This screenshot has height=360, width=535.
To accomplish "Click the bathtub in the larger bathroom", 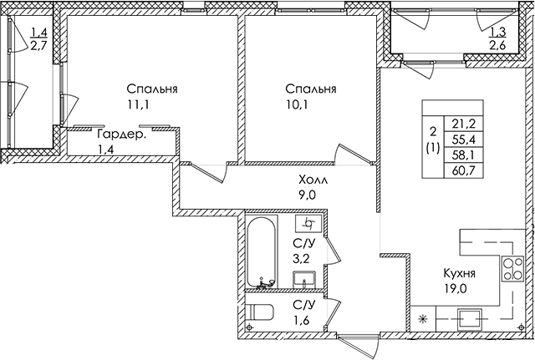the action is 261,252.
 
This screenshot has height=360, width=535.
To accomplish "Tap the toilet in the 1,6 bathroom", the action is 259,312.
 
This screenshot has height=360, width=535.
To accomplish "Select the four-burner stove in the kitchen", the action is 512,269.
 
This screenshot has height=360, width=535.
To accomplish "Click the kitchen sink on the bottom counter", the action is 470,320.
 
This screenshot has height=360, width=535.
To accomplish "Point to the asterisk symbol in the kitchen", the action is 423,319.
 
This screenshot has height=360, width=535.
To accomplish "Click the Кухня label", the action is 459,273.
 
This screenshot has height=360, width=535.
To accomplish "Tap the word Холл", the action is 313,180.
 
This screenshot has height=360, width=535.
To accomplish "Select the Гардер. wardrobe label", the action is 121,134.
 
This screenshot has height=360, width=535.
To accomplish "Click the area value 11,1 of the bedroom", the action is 139,104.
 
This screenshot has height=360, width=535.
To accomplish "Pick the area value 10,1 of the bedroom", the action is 297,104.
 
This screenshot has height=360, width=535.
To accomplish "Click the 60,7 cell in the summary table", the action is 463,170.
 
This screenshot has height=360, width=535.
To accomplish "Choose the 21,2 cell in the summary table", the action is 463,124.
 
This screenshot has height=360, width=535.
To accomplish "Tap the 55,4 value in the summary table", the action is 463,139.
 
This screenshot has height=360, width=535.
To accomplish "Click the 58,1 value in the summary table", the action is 463,155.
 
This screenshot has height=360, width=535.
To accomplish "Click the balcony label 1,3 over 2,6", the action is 498,38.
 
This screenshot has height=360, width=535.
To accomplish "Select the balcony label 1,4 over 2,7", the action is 38,39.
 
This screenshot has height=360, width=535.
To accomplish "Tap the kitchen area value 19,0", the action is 455,289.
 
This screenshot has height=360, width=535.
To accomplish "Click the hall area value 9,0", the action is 307,195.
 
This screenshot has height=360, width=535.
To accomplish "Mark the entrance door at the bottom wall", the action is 359,345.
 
